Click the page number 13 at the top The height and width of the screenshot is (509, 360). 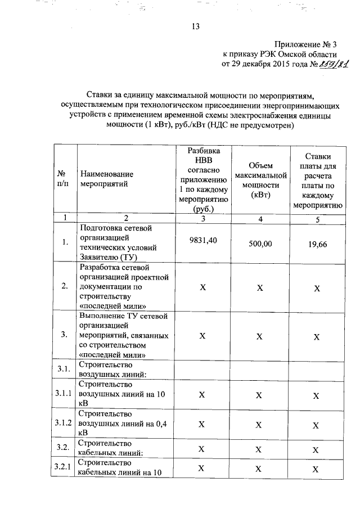coord(196,26)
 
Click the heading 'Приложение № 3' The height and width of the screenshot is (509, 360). coord(305,44)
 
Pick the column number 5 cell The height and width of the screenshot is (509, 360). coord(317,219)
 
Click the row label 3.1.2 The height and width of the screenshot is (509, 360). coord(64,423)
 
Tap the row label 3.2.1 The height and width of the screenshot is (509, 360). coord(64,467)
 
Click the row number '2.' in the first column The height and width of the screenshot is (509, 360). coord(65,286)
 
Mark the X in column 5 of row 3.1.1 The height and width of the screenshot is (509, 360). coord(317,395)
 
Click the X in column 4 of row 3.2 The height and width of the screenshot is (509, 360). coord(259,449)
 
